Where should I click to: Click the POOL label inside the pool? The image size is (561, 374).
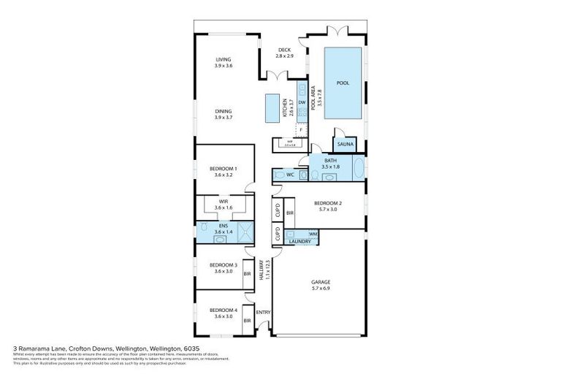point(342,83)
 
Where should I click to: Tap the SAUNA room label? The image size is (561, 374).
point(345,145)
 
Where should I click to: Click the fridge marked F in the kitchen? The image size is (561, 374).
point(300,130)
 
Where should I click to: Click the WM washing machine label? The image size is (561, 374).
point(313,234)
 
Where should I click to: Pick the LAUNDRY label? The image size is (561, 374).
point(300,241)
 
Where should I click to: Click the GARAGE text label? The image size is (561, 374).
point(320,281)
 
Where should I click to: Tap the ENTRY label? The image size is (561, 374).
point(263,313)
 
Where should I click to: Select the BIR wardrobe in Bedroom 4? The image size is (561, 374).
point(248,320)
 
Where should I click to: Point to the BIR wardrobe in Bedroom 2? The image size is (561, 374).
point(290,213)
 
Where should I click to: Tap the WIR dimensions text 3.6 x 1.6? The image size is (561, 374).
point(223,208)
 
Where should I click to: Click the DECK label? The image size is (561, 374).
point(284,50)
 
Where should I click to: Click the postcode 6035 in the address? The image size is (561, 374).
point(191,349)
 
